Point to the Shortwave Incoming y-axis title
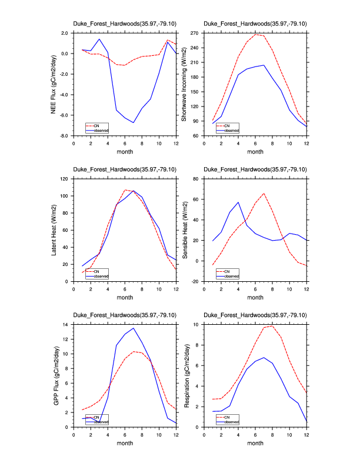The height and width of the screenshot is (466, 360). [184, 84]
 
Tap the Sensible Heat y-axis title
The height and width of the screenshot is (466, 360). [184, 230]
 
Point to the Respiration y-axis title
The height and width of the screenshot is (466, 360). [184, 375]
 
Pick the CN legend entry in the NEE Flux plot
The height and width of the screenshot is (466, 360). [96, 125]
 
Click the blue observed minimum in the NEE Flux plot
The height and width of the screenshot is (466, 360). [134, 122]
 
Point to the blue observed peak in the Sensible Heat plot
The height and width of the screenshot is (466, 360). [238, 202]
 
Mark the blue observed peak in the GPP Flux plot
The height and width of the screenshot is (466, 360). [134, 328]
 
